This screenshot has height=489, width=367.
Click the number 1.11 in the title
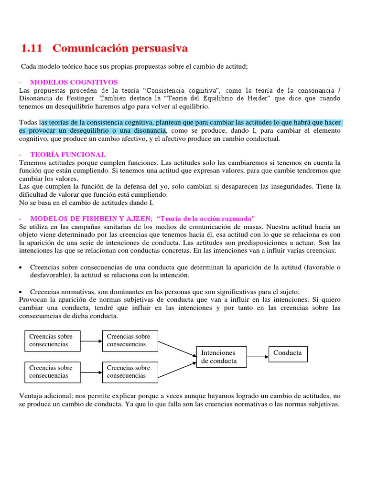[32, 48]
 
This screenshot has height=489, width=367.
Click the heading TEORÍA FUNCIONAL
[68, 154]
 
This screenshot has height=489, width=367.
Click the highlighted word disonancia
[147, 130]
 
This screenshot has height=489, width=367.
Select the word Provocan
[33, 299]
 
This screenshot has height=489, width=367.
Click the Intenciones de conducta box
[221, 357]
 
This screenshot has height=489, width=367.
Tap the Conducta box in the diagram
[288, 353]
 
